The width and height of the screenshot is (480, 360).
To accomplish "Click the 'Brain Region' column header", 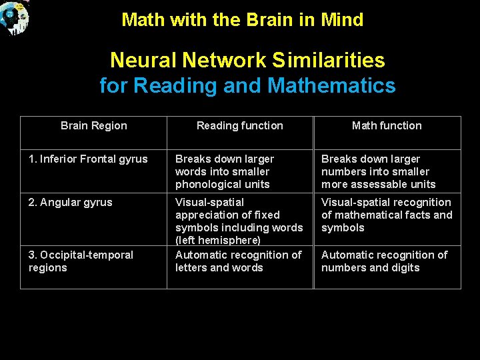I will pos(93,125).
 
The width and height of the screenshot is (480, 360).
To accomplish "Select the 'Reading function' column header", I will pos(239,125).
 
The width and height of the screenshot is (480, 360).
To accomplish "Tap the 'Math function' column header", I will pos(387,125).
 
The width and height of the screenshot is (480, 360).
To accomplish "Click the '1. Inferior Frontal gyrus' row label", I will pos(88,159).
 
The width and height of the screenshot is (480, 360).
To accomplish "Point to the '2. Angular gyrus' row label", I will pos(71,203).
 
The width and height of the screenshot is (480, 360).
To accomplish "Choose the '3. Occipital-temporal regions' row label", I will pos(81,261).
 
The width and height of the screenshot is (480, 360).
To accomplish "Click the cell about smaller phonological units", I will pos(225,171).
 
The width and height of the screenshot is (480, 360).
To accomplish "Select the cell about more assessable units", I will pos(378,171).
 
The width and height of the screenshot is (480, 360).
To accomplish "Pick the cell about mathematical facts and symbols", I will pos(386,215).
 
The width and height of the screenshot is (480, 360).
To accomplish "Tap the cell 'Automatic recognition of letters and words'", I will pos(238,261).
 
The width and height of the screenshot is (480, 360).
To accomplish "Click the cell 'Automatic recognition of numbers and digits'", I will pos(384,261).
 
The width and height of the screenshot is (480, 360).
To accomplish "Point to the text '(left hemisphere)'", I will pos(217,240).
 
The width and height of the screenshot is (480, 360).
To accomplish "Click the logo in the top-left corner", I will pos(15,17).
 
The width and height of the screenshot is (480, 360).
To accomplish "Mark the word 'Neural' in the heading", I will pos(141,61).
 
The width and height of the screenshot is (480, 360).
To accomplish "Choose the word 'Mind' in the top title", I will pos(341,20).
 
